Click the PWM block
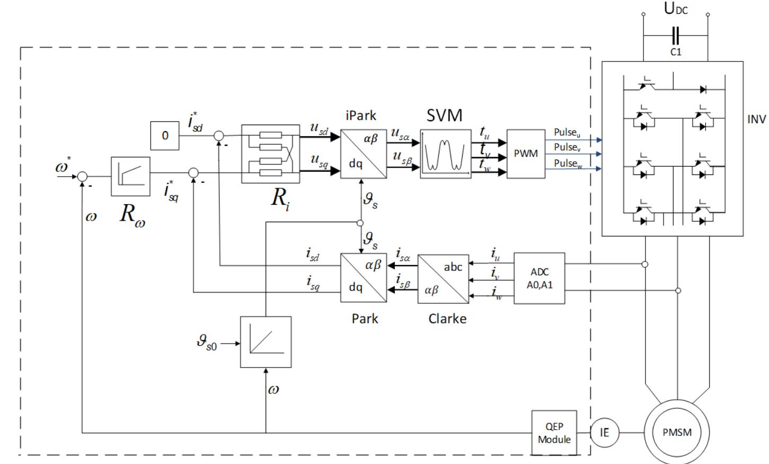(x=525, y=154)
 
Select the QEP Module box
(x=554, y=433)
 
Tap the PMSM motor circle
(x=677, y=432)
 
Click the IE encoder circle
(x=604, y=433)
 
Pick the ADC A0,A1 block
(x=540, y=278)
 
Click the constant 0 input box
(x=165, y=135)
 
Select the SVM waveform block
(x=445, y=154)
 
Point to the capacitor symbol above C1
(x=675, y=36)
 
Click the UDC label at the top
(x=676, y=9)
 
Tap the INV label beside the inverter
(x=756, y=119)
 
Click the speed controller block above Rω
(x=130, y=176)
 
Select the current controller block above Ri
(x=270, y=154)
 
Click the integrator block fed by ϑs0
(x=266, y=342)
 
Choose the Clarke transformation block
(x=443, y=279)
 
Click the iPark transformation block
(x=364, y=154)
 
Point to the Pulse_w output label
(x=568, y=163)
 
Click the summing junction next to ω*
(x=83, y=177)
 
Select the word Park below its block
(x=365, y=319)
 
